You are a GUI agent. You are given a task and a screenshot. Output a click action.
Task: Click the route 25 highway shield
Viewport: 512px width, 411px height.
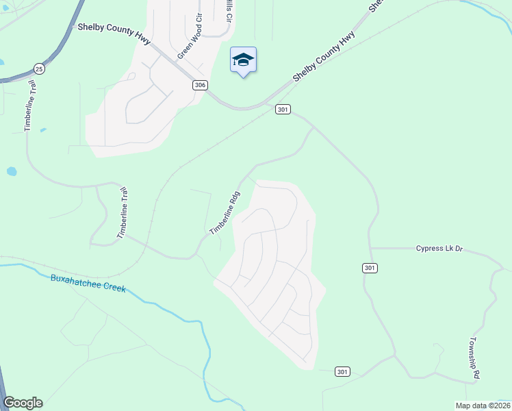pyautogui.click(x=39, y=68)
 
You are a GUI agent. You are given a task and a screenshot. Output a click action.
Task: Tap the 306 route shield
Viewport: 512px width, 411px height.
pyautogui.click(x=200, y=85)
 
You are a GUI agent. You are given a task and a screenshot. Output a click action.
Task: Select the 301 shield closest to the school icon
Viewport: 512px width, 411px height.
pyautogui.click(x=283, y=109)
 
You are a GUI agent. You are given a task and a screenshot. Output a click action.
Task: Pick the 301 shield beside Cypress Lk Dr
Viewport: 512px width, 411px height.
pyautogui.click(x=370, y=267)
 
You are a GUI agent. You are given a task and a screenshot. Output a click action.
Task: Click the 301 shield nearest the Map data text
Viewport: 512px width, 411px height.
pyautogui.click(x=343, y=371)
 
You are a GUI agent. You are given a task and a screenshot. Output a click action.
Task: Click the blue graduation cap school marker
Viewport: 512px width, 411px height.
pyautogui.click(x=243, y=61)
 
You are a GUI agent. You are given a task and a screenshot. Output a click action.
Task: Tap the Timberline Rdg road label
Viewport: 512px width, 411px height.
pyautogui.click(x=225, y=212)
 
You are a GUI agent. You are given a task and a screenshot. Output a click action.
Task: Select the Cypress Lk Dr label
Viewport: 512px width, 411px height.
pyautogui.click(x=439, y=248)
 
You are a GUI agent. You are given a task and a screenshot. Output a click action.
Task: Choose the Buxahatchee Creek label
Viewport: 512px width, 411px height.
pyautogui.click(x=88, y=283)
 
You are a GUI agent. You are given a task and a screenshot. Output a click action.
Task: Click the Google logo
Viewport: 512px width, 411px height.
pyautogui.click(x=23, y=403)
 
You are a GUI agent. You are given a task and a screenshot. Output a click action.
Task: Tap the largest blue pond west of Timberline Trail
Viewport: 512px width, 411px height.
pyautogui.click(x=11, y=171)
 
